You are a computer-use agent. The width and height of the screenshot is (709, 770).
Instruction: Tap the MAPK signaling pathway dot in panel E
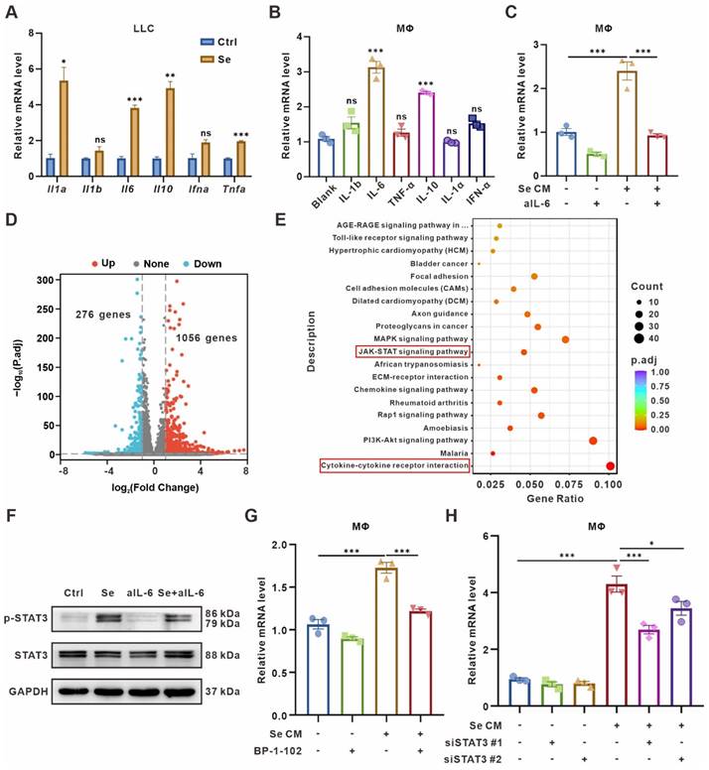[x=565, y=339]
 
